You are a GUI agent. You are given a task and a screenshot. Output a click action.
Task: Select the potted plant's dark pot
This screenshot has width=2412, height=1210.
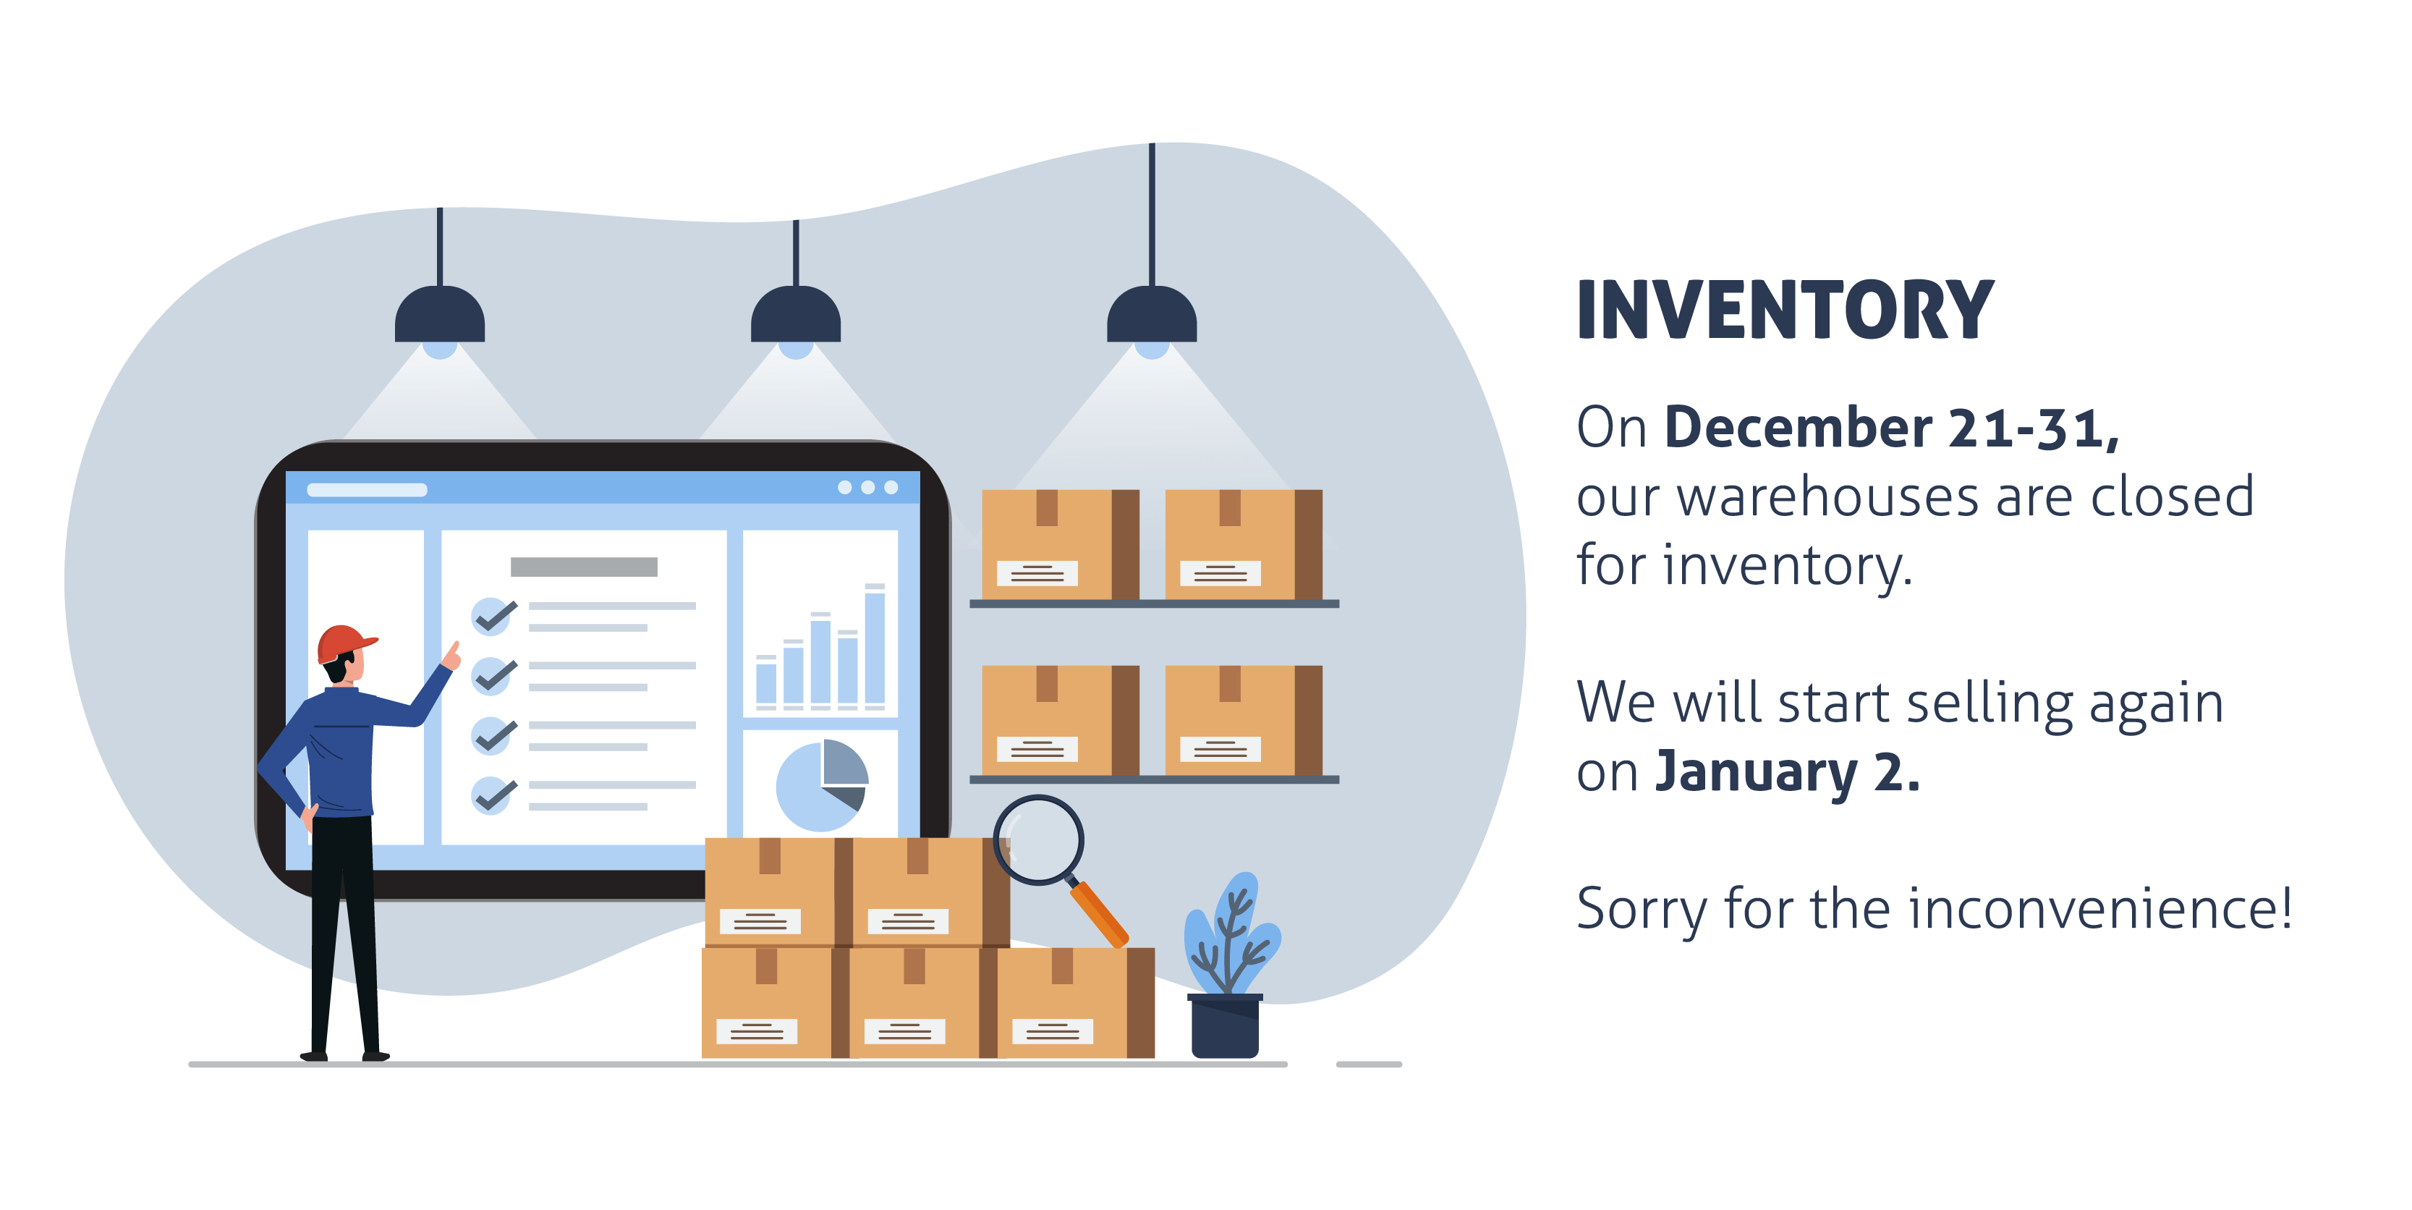(x=1225, y=1026)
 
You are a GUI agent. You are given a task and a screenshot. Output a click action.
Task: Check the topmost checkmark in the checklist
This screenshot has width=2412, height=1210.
(x=493, y=615)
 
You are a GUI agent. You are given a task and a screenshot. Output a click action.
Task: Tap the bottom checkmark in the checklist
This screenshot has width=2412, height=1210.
(x=493, y=795)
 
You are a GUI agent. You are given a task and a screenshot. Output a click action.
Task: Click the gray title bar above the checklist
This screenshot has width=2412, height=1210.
(x=583, y=567)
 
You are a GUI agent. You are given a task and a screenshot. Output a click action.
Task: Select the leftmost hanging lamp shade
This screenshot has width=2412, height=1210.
(x=439, y=315)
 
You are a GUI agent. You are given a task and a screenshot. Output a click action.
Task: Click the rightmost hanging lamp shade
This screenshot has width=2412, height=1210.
(x=1152, y=315)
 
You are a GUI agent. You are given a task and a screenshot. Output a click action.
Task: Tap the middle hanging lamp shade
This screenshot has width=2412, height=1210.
(x=796, y=315)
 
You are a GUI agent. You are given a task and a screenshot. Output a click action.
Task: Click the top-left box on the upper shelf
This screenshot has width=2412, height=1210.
(x=1060, y=544)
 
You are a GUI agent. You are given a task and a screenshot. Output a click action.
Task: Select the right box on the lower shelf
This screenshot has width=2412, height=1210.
(x=1244, y=720)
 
